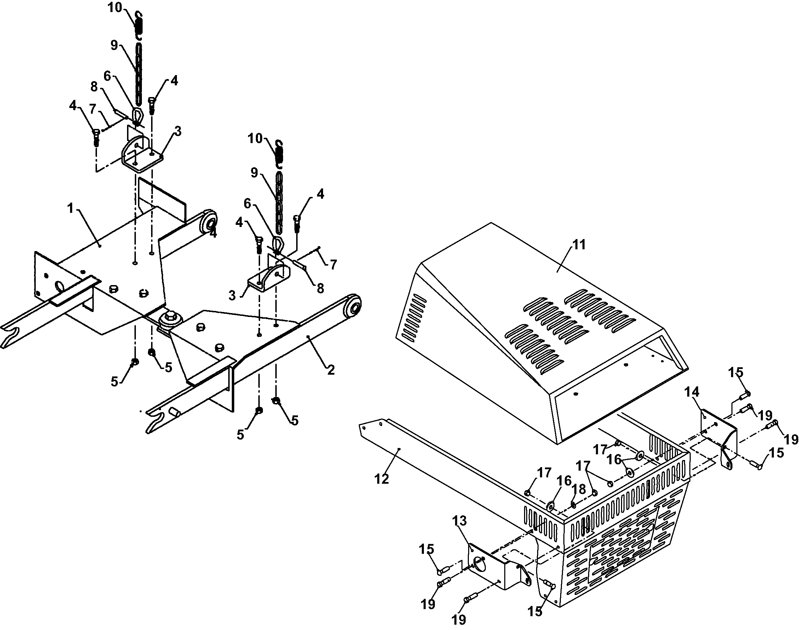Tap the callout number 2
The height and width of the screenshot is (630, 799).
[x=330, y=370]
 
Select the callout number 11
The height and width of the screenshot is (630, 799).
[x=579, y=245]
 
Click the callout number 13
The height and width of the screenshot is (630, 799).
[x=459, y=521]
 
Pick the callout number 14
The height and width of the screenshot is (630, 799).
[x=692, y=391]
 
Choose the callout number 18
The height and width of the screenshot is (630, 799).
[x=579, y=489]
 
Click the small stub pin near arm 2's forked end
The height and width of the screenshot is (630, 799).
[x=175, y=412]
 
